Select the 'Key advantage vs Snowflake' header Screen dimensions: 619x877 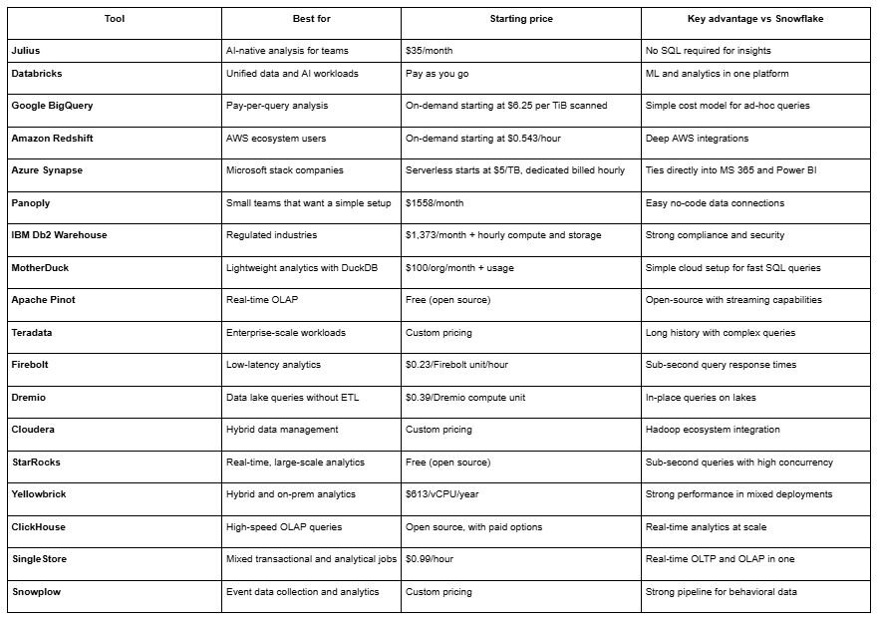tap(755, 19)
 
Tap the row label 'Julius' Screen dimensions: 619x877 tap(26, 49)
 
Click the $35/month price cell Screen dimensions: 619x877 tap(430, 49)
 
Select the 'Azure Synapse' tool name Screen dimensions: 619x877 tap(47, 169)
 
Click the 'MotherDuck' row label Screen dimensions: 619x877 tap(41, 267)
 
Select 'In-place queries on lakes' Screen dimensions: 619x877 tap(701, 397)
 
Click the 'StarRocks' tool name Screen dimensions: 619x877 tap(37, 462)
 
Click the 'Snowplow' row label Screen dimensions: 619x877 tap(36, 591)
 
